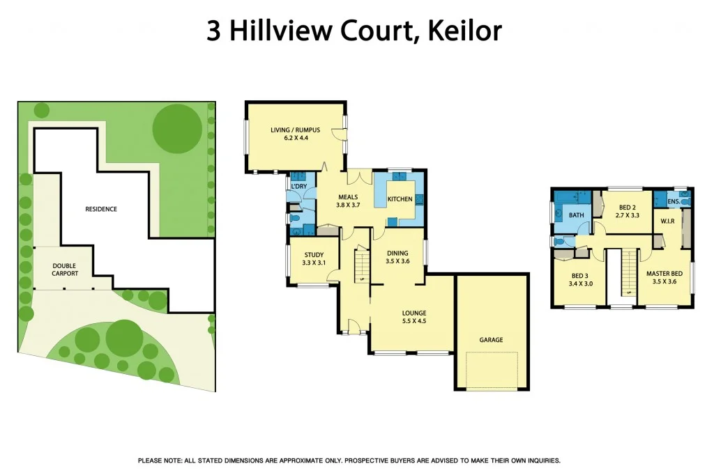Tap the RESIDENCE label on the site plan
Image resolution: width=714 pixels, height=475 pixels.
click(x=101, y=209)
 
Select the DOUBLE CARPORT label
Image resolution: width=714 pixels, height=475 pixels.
click(x=65, y=270)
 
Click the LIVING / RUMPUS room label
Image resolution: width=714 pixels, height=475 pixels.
click(x=295, y=130)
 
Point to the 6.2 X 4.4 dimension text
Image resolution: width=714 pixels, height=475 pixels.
click(x=295, y=138)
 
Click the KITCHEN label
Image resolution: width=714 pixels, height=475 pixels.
click(x=400, y=199)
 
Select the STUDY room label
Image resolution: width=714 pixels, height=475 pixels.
click(x=313, y=254)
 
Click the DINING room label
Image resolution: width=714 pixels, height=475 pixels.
click(x=397, y=253)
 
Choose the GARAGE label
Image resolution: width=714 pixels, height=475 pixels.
click(x=491, y=340)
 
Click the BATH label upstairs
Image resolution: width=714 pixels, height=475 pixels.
click(x=576, y=215)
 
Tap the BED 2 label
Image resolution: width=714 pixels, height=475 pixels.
click(x=628, y=208)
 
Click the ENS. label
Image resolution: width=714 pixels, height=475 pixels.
click(x=673, y=202)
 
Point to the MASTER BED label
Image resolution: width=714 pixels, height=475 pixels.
click(x=664, y=274)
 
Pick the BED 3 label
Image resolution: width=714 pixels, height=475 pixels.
click(x=581, y=275)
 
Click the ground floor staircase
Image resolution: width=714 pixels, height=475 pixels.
click(x=362, y=264)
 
